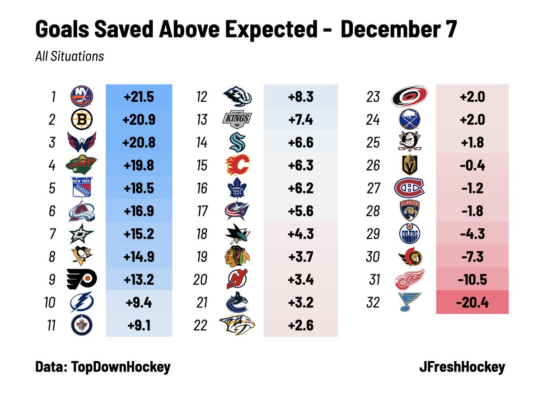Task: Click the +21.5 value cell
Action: coord(139,97)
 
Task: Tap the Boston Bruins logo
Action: coord(81,119)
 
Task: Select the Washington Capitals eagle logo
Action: coord(81,142)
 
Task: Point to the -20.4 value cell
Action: coord(472,302)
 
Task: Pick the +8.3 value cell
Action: coord(300,97)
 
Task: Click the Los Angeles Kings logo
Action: coord(237,119)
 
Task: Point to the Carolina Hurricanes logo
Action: coord(410,97)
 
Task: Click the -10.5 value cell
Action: coord(472,280)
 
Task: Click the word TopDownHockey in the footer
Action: coord(121,367)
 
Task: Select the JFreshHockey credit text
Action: coord(462,367)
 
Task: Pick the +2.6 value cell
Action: coord(300,325)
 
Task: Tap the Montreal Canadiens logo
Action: coord(410,188)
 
